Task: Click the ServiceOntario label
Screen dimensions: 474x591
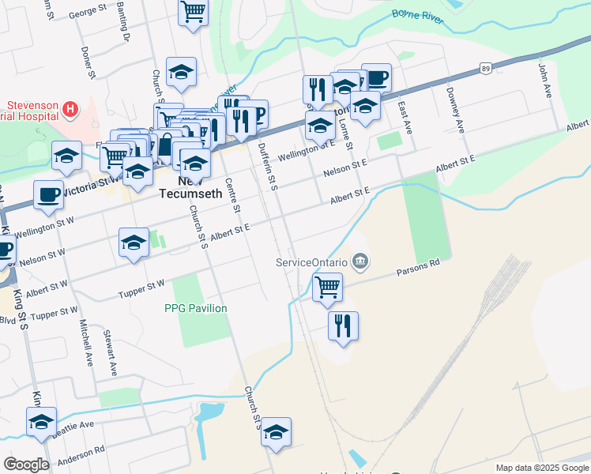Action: tap(312, 262)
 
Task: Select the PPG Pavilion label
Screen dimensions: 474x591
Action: tap(196, 308)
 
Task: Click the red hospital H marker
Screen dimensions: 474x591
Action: tap(71, 108)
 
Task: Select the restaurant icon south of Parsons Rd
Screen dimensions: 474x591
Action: tap(343, 325)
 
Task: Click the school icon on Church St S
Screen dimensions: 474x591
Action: tap(276, 431)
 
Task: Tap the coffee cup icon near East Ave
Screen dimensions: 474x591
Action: tap(376, 77)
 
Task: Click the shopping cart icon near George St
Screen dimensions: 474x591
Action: tap(193, 13)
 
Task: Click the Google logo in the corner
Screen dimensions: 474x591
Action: tap(26, 465)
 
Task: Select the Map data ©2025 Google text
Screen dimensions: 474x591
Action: tap(541, 468)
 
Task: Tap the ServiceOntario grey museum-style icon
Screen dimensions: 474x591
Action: tap(360, 260)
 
